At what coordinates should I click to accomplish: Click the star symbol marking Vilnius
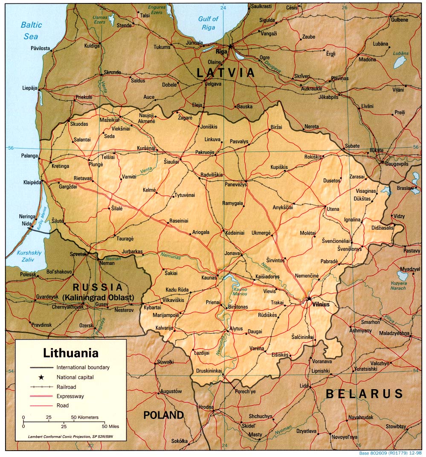pos(309,299)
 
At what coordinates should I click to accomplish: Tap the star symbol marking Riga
pos(231,46)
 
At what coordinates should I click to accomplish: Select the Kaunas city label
pos(209,278)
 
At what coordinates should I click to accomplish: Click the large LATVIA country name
pos(226,73)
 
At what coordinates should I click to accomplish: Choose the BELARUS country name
pos(364,393)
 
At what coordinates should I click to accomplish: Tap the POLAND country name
pos(163,415)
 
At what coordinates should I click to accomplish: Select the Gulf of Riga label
pos(208,23)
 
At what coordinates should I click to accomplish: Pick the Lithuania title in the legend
pos(71,353)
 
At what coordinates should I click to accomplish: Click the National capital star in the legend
pos(41,377)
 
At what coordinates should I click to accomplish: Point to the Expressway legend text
pos(70,396)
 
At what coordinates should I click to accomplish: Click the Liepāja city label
pos(30,88)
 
